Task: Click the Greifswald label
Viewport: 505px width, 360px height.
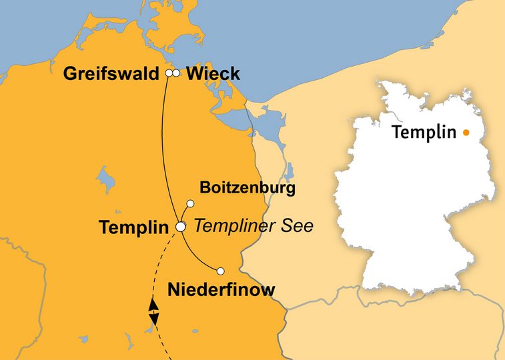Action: point(112,73)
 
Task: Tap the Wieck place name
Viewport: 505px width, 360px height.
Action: point(213,73)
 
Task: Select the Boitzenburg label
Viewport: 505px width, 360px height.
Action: point(247,189)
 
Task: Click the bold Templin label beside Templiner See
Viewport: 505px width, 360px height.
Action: point(133,227)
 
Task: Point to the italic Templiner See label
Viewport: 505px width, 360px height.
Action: point(254,226)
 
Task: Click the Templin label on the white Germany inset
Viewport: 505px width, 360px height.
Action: point(423,132)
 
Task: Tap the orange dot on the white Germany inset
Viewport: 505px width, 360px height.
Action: point(466,133)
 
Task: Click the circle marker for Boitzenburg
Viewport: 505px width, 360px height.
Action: point(190,203)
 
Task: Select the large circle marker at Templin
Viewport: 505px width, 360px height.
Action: point(180,227)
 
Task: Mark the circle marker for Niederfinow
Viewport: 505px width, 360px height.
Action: point(220,271)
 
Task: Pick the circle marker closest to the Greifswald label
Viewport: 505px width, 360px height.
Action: point(169,73)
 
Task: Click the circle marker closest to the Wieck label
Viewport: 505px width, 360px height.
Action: point(177,73)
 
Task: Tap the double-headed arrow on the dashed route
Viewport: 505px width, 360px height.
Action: point(153,312)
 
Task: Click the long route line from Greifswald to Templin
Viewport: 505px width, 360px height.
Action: point(165,147)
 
